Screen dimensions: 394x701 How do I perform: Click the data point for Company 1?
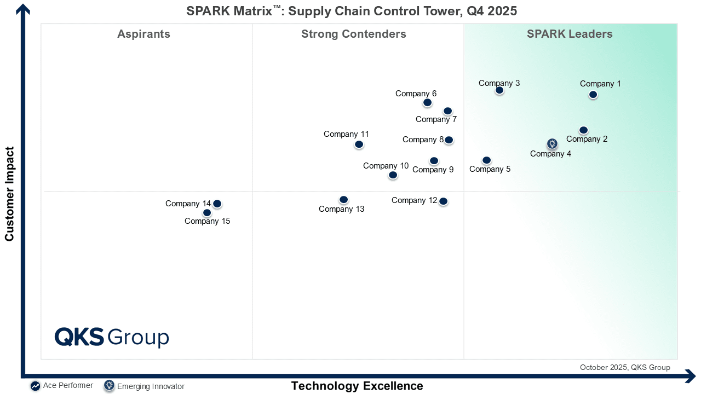(x=593, y=95)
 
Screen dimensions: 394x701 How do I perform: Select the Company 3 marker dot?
(x=499, y=90)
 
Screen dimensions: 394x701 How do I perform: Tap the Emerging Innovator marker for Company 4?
(x=553, y=144)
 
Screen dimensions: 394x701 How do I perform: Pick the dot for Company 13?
(x=343, y=200)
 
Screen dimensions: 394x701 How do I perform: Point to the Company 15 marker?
(x=207, y=213)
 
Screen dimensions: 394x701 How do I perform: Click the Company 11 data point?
(x=359, y=144)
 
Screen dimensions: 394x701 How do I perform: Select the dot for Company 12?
(x=444, y=201)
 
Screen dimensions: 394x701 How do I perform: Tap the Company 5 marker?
(x=486, y=160)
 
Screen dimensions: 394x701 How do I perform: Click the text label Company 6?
(x=416, y=94)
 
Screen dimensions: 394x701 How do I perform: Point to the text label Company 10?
(x=386, y=166)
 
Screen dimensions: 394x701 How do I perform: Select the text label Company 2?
(x=587, y=139)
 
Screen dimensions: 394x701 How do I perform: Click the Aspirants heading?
(x=143, y=34)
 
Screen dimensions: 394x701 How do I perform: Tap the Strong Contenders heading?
(x=354, y=34)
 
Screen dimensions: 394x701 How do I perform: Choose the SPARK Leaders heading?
(x=570, y=34)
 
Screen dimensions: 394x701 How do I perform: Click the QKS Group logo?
(x=112, y=337)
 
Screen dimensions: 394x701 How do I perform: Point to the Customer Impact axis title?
(x=9, y=194)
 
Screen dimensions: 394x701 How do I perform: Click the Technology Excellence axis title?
(x=357, y=386)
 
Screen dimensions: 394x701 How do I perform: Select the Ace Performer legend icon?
(x=35, y=386)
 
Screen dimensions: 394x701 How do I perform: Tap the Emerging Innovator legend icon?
(x=109, y=386)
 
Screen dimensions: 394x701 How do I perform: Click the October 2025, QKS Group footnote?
(x=625, y=367)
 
